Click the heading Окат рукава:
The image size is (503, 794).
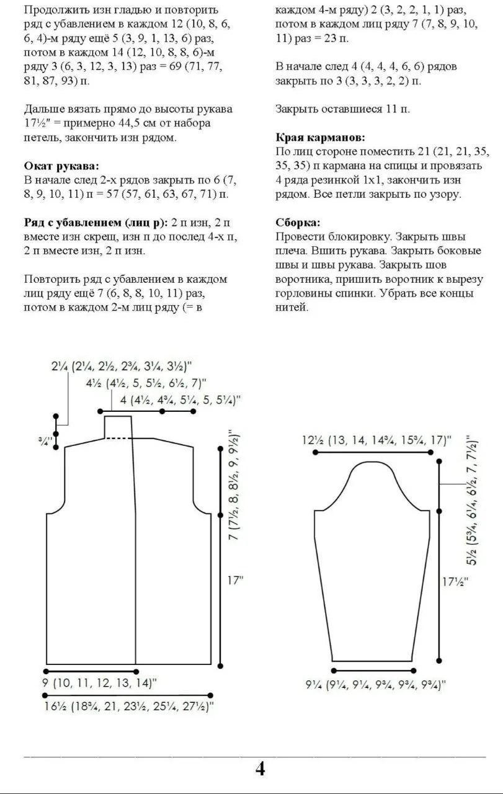[61, 166]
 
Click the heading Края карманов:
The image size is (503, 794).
[320, 137]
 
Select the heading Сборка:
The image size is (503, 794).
[298, 222]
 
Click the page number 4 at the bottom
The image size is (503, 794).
[260, 769]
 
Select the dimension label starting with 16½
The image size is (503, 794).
[129, 705]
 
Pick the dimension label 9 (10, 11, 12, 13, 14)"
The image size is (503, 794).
[100, 683]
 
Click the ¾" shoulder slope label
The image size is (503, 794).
[45, 440]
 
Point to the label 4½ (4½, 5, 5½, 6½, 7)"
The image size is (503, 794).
[146, 383]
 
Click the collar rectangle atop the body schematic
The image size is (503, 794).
[118, 427]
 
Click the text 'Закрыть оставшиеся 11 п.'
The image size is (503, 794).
[342, 109]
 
